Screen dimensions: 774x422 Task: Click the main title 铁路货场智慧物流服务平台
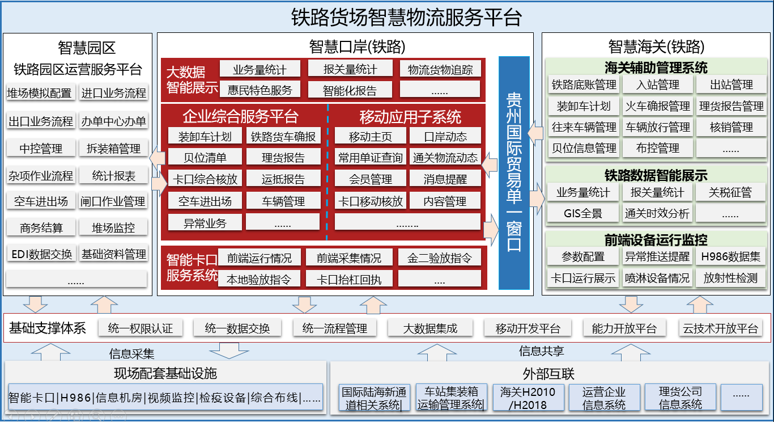(x=406, y=17)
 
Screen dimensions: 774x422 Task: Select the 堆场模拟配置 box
(x=40, y=92)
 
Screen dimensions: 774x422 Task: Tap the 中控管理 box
(x=41, y=149)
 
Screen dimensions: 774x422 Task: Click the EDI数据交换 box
(x=41, y=254)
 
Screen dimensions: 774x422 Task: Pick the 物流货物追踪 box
(x=440, y=70)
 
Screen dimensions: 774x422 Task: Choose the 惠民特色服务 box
(x=260, y=90)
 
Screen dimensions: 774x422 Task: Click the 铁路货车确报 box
(x=283, y=137)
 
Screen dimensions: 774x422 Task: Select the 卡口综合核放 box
(x=205, y=179)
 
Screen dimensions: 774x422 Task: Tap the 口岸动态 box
(x=445, y=137)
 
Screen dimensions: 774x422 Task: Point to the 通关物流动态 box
(x=445, y=158)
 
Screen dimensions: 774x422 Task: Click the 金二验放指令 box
(x=440, y=258)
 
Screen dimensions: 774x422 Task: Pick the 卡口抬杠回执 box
(x=349, y=279)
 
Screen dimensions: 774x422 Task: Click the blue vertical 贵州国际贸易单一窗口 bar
(x=514, y=173)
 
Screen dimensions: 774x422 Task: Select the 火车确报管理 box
(x=657, y=106)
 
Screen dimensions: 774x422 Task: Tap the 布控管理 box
(x=657, y=148)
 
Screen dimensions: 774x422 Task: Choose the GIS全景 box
(x=583, y=213)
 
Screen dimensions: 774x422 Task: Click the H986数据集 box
(x=731, y=256)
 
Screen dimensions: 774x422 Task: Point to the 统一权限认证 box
(x=141, y=328)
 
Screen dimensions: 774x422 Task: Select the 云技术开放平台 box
(x=720, y=328)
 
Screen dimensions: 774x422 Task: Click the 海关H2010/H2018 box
(x=528, y=398)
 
